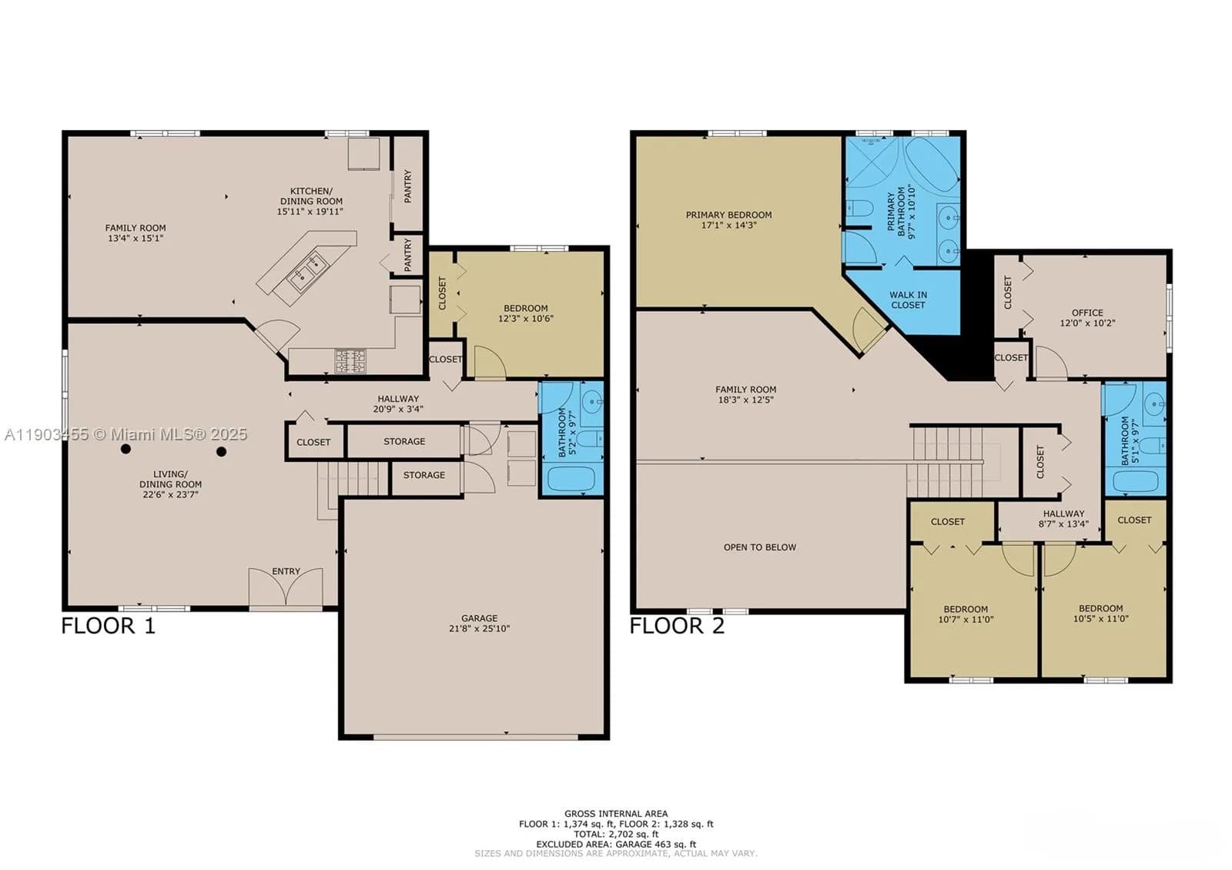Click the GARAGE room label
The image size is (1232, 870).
click(479, 623)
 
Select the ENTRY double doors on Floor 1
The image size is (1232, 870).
click(286, 589)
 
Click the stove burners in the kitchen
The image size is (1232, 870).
click(350, 360)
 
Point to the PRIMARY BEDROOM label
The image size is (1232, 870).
click(728, 220)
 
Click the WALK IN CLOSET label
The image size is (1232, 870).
click(908, 299)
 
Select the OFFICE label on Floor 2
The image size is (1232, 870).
click(1087, 318)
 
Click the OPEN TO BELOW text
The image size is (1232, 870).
click(759, 547)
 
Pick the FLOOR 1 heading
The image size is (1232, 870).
click(108, 625)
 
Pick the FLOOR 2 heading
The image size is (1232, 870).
click(677, 625)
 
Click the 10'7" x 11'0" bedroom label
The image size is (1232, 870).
click(966, 614)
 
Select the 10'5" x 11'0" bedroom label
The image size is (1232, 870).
click(1100, 613)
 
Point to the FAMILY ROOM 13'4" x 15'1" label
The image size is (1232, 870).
click(136, 233)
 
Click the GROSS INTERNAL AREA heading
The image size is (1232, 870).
click(616, 813)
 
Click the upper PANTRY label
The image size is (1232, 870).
click(407, 186)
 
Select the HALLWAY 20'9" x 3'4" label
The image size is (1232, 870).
click(398, 404)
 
